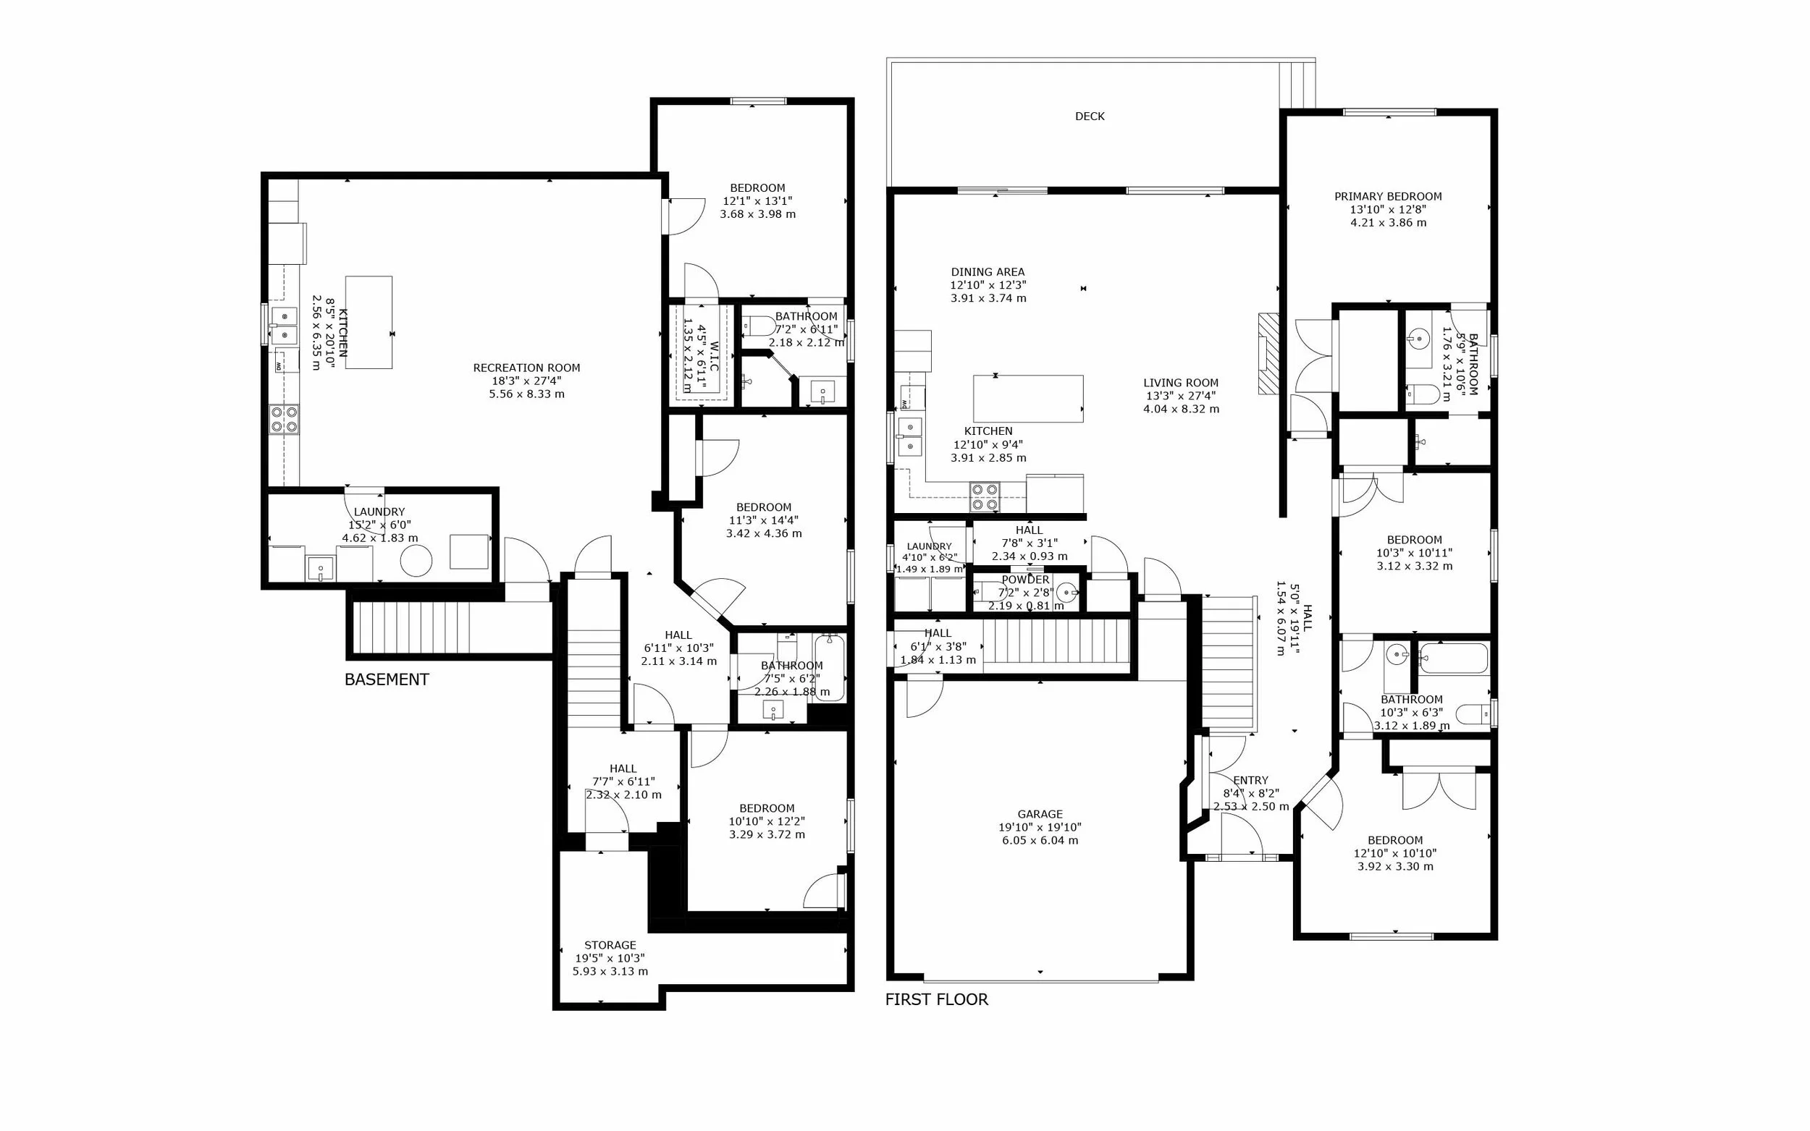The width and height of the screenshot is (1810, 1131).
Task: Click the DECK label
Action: click(1090, 117)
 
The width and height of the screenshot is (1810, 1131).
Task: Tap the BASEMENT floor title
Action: click(386, 679)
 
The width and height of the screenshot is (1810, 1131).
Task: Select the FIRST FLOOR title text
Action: click(936, 999)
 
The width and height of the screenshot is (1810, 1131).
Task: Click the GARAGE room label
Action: click(1040, 814)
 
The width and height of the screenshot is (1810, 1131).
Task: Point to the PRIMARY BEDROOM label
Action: click(1388, 197)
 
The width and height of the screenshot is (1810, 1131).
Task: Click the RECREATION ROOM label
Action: click(527, 368)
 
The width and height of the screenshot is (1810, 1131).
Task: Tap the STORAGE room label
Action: click(610, 946)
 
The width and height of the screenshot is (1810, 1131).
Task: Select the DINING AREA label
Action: click(988, 272)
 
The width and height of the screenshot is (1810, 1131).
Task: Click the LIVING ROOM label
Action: click(1181, 383)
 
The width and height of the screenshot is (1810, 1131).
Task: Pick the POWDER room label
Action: click(1025, 580)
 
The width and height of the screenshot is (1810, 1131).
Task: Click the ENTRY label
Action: click(1250, 780)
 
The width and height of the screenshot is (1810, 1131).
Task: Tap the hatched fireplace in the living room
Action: click(1268, 354)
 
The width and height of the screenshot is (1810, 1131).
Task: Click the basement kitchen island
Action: click(369, 323)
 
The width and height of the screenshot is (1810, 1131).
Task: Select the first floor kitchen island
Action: click(1028, 399)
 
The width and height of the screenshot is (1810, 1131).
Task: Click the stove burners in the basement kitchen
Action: click(285, 419)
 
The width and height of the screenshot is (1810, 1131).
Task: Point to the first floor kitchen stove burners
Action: click(985, 496)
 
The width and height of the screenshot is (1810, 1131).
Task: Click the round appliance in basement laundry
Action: click(416, 559)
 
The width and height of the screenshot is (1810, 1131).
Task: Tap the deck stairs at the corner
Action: click(1297, 85)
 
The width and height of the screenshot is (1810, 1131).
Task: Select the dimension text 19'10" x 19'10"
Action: click(1040, 827)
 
